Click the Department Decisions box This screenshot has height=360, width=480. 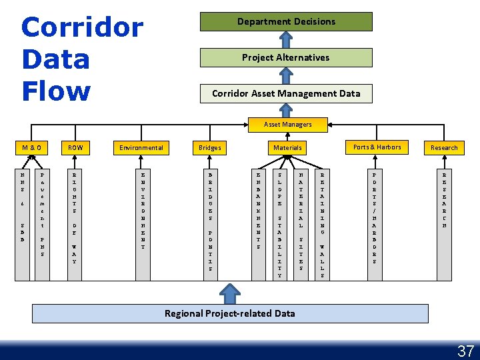point(286,21)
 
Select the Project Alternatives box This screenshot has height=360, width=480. point(286,57)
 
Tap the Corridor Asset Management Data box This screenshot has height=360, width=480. point(286,93)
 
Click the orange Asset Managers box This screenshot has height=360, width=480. point(287,125)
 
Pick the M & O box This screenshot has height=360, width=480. point(31,147)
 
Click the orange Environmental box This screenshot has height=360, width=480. point(141,147)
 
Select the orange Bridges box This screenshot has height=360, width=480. point(210,147)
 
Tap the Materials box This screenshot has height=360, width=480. point(287,147)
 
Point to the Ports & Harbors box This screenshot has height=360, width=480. point(377,147)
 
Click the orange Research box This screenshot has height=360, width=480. point(444,147)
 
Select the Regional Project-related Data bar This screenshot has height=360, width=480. point(230,313)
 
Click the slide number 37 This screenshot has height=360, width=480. point(465,351)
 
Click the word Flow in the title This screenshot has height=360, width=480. point(56,91)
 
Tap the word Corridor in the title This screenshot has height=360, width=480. point(82,27)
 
